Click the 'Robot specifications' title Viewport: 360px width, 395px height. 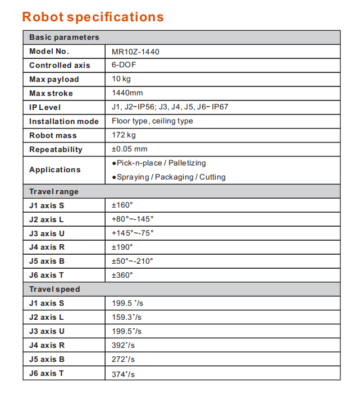pyautogui.click(x=93, y=16)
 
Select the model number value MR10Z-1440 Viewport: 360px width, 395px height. pyautogui.click(x=135, y=52)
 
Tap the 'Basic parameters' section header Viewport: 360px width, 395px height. pyautogui.click(x=64, y=38)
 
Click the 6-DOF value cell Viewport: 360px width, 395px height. pyautogui.click(x=124, y=65)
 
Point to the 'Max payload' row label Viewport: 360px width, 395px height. pyautogui.click(x=54, y=80)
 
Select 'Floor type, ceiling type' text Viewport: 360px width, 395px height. pyautogui.click(x=152, y=121)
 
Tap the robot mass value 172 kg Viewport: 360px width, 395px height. pyautogui.click(x=124, y=135)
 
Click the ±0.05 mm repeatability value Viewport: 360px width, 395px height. pyautogui.click(x=129, y=149)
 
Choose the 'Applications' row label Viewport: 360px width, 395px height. pyautogui.click(x=55, y=170)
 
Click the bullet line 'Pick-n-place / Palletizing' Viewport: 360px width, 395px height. pyautogui.click(x=159, y=163)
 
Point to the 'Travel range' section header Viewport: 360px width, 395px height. pyautogui.click(x=54, y=191)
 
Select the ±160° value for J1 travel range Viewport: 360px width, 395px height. pyautogui.click(x=122, y=205)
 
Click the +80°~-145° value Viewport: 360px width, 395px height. pyautogui.click(x=133, y=219)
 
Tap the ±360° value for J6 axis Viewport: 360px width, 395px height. pyautogui.click(x=122, y=275)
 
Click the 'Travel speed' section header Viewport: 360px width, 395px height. pyautogui.click(x=54, y=290)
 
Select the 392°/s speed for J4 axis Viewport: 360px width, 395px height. pyautogui.click(x=123, y=346)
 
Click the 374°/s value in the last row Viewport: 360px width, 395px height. pyautogui.click(x=123, y=374)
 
